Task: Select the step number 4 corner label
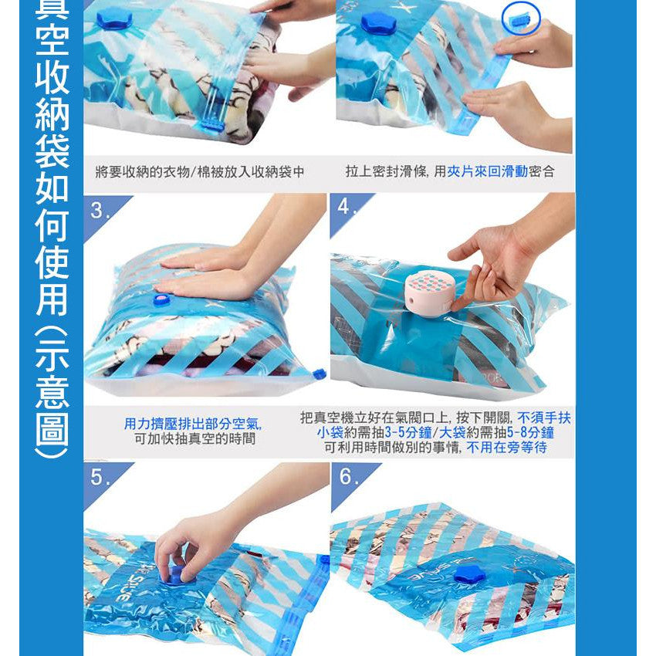[347, 206]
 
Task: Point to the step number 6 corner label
[347, 476]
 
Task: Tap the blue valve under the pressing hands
[162, 299]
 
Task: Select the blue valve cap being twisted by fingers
[177, 574]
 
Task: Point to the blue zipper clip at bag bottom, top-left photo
[211, 125]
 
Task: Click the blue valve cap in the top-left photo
[114, 19]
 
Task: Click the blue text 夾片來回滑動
[488, 171]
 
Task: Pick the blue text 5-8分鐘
[530, 433]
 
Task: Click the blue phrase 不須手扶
[544, 418]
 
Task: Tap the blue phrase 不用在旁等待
[506, 447]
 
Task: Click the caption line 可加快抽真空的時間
[195, 439]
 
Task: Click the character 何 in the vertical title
[52, 225]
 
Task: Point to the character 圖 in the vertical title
[52, 431]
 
